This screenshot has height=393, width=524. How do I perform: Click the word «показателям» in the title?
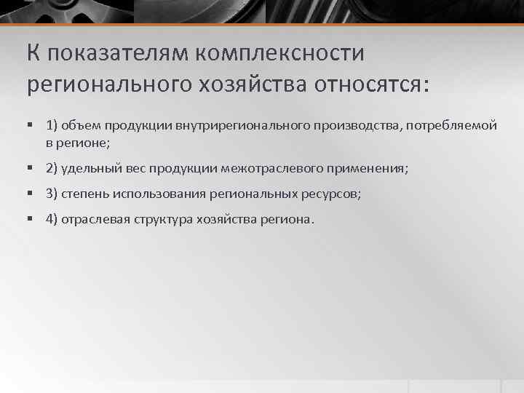[123, 54]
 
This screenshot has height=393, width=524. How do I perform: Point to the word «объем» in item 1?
[80, 126]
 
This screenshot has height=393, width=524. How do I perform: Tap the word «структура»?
[162, 220]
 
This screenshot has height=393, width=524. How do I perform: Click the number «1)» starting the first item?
[52, 126]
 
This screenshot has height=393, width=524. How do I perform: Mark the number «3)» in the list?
[52, 194]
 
